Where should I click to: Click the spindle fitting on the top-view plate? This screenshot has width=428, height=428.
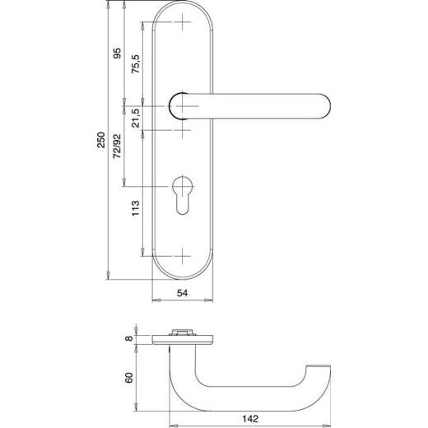180,333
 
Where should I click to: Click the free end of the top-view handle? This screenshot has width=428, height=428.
323,367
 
